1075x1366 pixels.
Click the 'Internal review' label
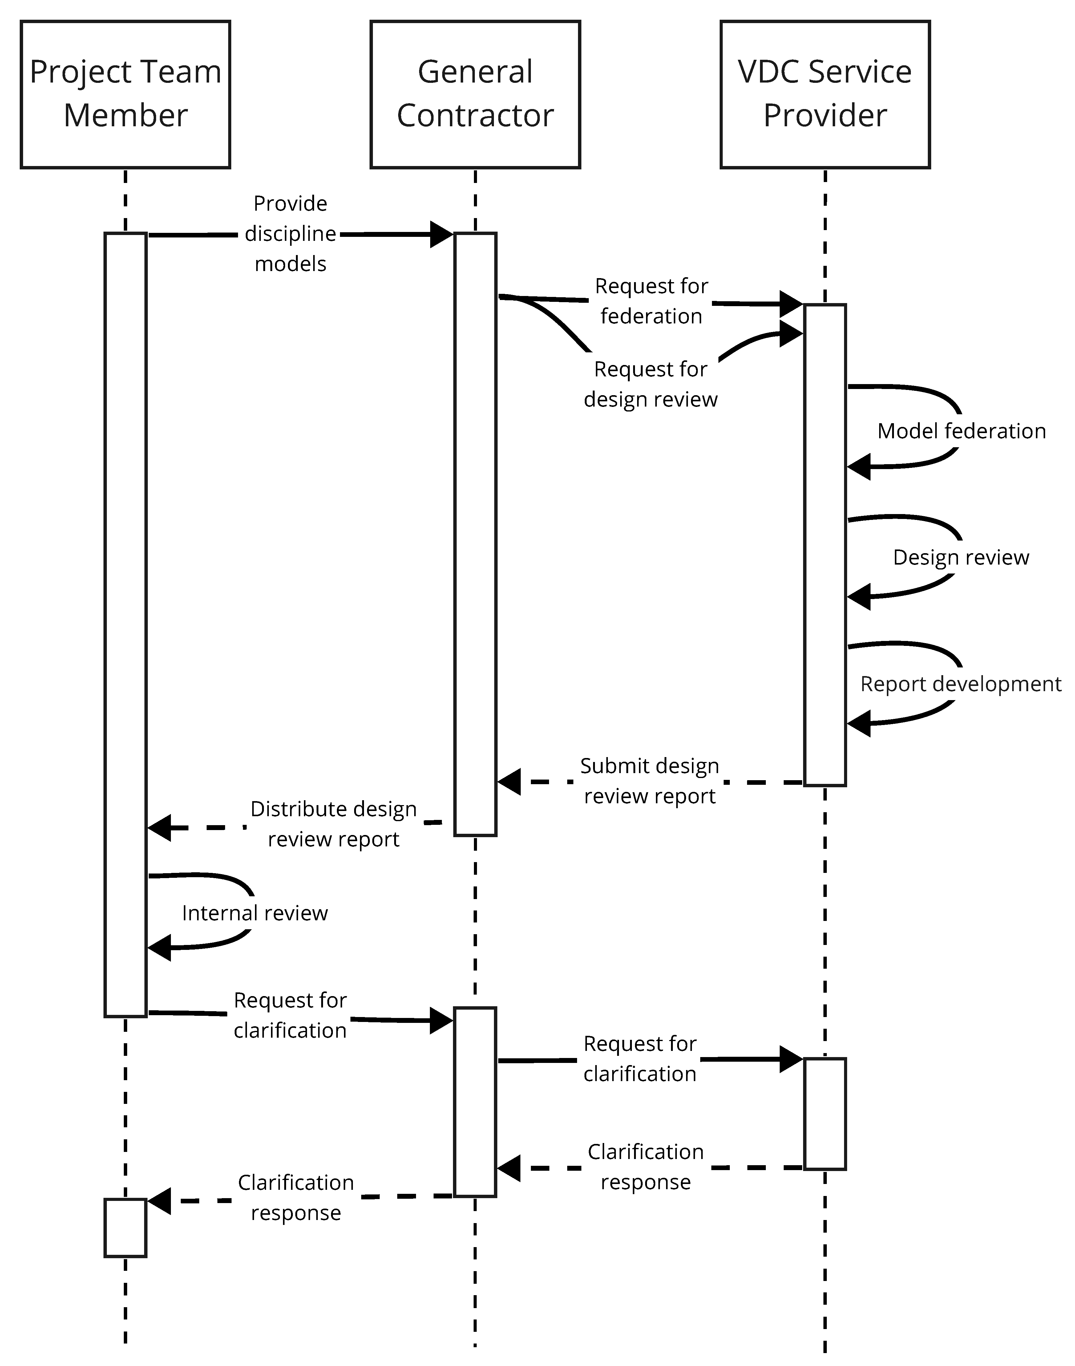tap(255, 914)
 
